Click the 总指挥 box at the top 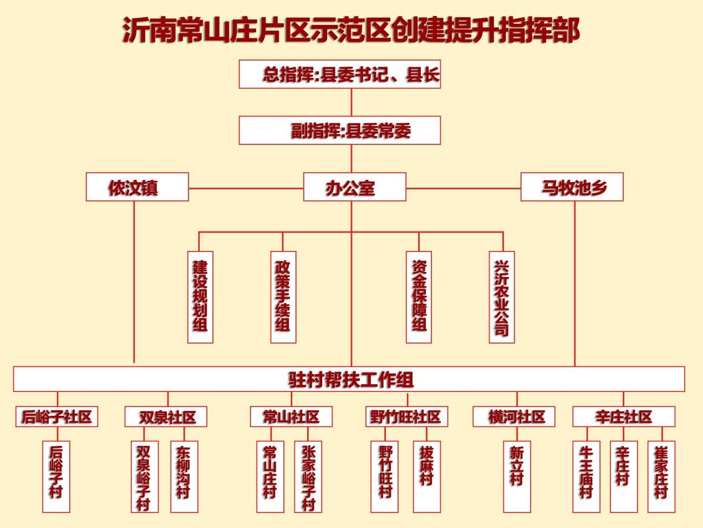click(x=340, y=74)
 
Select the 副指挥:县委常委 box click(x=340, y=130)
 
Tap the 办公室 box click(x=354, y=187)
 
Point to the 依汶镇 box click(x=137, y=187)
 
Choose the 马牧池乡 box click(x=572, y=187)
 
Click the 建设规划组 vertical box click(x=200, y=296)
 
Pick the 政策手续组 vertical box click(x=283, y=296)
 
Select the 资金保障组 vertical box click(x=419, y=296)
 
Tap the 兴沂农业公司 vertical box click(x=502, y=296)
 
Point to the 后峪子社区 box click(x=57, y=416)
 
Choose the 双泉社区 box click(x=166, y=416)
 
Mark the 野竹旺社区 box click(x=406, y=416)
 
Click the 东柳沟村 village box click(x=184, y=476)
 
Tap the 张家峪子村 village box click(x=308, y=476)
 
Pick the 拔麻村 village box click(x=427, y=476)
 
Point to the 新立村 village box click(x=517, y=476)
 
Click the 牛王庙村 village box click(x=586, y=476)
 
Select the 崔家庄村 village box click(x=661, y=476)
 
